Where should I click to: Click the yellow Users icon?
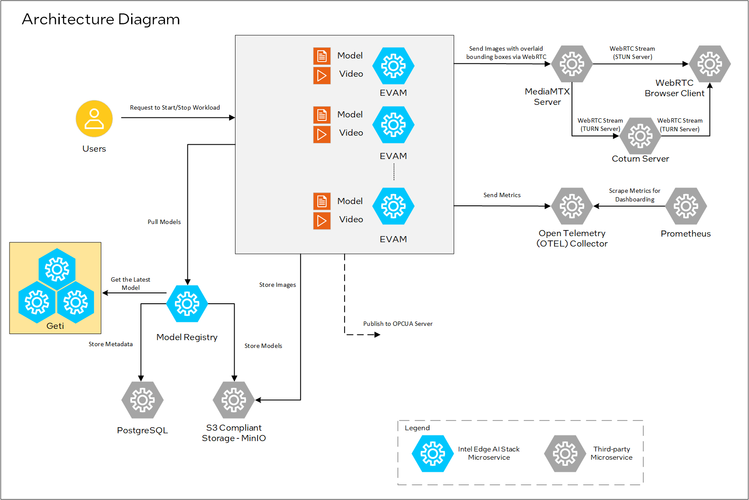tap(94, 119)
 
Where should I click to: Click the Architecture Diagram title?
tap(101, 19)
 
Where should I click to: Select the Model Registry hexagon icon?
tap(187, 304)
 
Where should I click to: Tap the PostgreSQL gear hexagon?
tap(142, 400)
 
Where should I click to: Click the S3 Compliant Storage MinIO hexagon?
tap(234, 400)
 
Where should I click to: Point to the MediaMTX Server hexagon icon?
tap(572, 64)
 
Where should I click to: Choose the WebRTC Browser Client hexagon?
tap(710, 64)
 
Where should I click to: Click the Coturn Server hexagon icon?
tap(640, 136)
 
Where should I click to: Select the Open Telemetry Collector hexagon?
tap(572, 206)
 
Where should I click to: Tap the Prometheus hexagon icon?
tap(686, 206)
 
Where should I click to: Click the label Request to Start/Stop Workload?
tap(175, 107)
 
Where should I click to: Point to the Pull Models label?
tap(164, 222)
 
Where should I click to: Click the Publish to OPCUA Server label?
tap(397, 324)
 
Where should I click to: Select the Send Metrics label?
tap(502, 195)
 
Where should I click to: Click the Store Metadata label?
tap(110, 344)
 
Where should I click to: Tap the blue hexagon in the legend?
tap(433, 454)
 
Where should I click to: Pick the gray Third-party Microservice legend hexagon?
tap(565, 454)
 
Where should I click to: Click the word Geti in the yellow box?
tap(55, 326)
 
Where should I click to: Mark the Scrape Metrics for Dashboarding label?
tap(634, 195)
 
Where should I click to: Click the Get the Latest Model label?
tap(130, 283)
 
